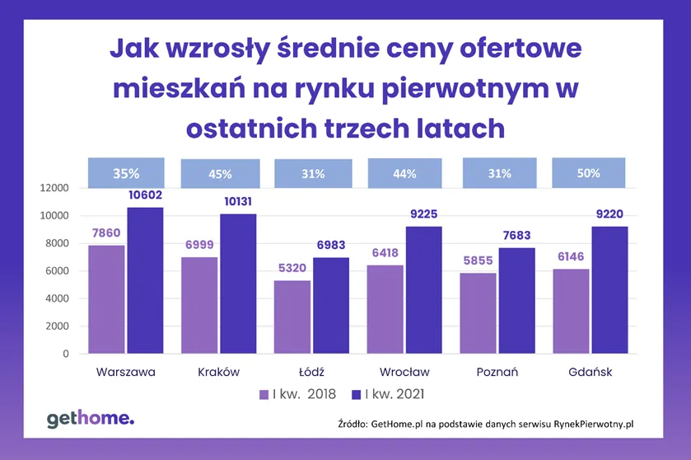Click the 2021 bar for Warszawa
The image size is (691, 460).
coord(145,280)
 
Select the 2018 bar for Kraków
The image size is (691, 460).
coord(200,305)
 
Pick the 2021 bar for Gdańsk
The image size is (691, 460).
coord(610,290)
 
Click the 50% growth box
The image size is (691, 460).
coord(588,173)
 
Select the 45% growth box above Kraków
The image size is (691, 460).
coord(220,174)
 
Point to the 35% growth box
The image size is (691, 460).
coord(126,173)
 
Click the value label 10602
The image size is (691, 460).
coord(145,195)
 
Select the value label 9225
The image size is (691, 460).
coord(424,214)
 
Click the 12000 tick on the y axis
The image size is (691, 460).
coord(53,188)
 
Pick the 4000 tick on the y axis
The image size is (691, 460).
coord(56,298)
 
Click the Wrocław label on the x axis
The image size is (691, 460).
coord(404,372)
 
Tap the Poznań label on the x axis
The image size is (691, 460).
coord(497,372)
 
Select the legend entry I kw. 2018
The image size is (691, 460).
coord(297,394)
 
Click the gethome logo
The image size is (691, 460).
coord(90,419)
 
